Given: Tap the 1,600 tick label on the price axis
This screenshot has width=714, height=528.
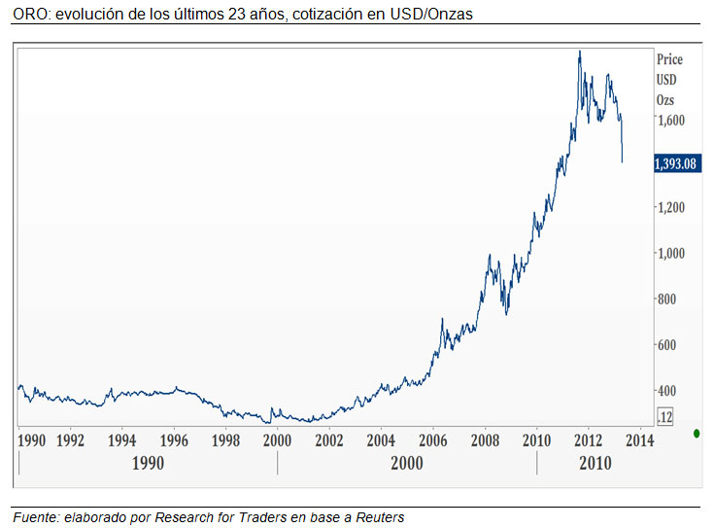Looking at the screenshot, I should click(x=672, y=121).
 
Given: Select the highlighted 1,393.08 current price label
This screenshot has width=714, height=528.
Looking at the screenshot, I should click(x=678, y=163).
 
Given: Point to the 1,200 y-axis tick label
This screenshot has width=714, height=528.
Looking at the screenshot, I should click(x=672, y=207).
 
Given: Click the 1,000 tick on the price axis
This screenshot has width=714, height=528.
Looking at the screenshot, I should click(x=672, y=253).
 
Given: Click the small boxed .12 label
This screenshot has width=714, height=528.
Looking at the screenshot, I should click(x=665, y=417).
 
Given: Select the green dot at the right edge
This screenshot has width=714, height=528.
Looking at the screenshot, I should click(x=697, y=433).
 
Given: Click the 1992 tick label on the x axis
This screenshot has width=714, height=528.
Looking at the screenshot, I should click(x=71, y=440).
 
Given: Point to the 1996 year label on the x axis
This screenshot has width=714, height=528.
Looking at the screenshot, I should click(x=174, y=440).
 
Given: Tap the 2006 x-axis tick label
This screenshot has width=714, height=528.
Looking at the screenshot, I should click(x=433, y=440).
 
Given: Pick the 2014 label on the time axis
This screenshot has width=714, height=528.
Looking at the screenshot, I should click(x=640, y=440).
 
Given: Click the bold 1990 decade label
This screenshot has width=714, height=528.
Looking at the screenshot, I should click(x=148, y=464).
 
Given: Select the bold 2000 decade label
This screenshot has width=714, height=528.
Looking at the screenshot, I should click(x=407, y=464).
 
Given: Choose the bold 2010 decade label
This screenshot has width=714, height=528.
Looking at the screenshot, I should click(x=595, y=464).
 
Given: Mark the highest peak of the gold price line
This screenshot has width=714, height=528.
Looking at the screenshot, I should click(x=580, y=52).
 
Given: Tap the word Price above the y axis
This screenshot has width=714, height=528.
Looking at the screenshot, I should click(x=670, y=59).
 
